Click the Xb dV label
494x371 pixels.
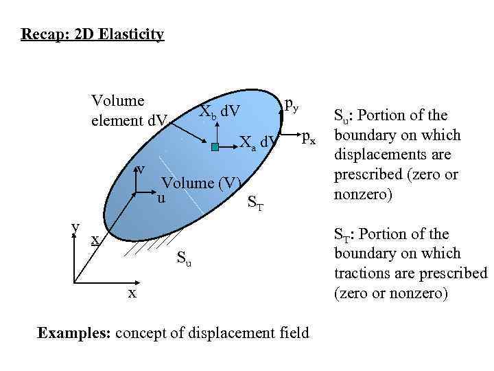pyautogui.click(x=220, y=112)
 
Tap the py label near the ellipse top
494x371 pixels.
pyautogui.click(x=291, y=104)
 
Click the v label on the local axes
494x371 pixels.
pyautogui.click(x=140, y=168)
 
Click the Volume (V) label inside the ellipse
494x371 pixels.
pyautogui.click(x=201, y=183)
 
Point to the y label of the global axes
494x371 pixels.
pyautogui.click(x=76, y=226)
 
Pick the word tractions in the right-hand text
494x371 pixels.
pyautogui.click(x=364, y=273)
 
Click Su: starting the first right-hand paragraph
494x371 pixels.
pyautogui.click(x=346, y=115)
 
